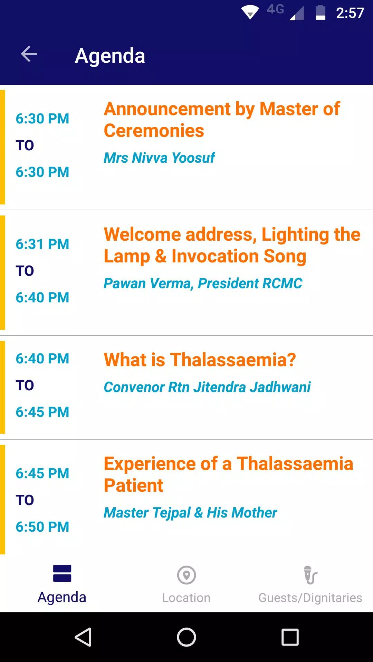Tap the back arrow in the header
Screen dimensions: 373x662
point(29,54)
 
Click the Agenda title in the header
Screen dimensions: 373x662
point(110,56)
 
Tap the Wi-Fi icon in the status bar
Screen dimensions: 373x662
point(250,12)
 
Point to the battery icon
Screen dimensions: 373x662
point(320,13)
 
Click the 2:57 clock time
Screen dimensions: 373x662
point(350,13)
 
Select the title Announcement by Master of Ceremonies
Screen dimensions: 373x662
point(222,120)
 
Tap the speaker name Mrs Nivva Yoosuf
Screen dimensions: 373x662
point(159,158)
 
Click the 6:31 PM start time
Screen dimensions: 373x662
point(42,244)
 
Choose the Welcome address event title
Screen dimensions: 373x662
point(232,245)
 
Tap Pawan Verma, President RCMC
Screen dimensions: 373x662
point(203,283)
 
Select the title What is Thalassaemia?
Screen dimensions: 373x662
point(200,360)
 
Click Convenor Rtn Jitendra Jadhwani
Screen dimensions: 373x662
point(207,387)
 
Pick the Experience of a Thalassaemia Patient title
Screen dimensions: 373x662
point(228,474)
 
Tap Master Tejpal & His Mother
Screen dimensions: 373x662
point(190,513)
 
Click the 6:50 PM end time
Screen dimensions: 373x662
point(42,527)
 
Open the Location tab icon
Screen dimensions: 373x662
point(186,575)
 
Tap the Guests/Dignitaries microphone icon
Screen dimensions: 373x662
point(310,575)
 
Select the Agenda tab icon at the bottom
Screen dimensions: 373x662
point(62,573)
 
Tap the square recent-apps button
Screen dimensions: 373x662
point(290,637)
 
